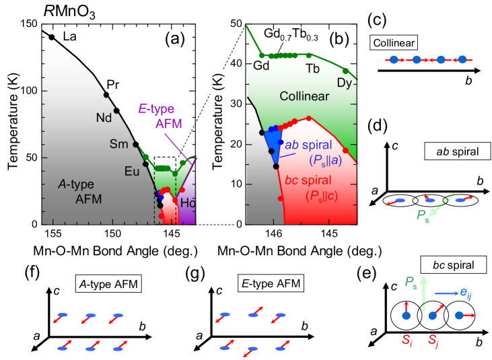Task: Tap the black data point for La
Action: [52, 37]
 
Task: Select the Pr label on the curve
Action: [114, 85]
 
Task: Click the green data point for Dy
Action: [345, 71]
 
